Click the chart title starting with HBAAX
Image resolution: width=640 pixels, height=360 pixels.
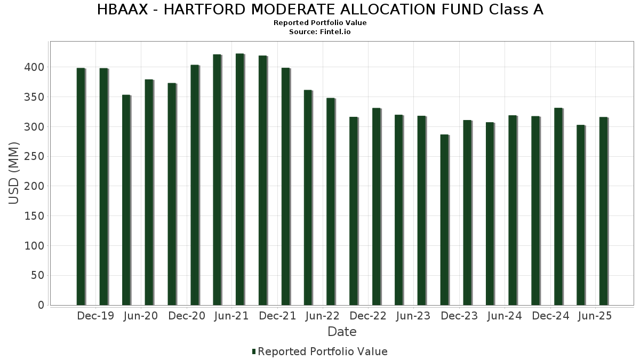coord(320,10)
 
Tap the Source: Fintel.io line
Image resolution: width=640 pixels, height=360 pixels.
coord(320,32)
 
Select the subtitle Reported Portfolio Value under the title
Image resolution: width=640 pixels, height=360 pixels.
coord(320,23)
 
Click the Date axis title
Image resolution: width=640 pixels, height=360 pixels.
coord(342,332)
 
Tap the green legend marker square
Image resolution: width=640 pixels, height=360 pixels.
coord(254,351)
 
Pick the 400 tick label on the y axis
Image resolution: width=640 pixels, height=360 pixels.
coord(35,67)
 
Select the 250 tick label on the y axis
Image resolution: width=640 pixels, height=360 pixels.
coord(35,156)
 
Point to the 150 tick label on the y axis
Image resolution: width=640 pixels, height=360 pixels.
coord(35,216)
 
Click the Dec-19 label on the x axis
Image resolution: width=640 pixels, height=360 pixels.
coord(95,316)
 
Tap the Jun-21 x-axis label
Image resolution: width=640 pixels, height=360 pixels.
coord(231,316)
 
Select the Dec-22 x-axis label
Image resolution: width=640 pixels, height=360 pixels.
coord(368,316)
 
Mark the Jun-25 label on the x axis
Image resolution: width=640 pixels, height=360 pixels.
coord(595,316)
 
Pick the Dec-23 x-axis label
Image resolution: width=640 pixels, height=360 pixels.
coord(459,316)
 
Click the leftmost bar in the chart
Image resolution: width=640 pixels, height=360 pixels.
coord(81,187)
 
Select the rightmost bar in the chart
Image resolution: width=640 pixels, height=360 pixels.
coord(603,211)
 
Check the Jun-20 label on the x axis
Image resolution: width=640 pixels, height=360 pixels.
coord(140,316)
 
